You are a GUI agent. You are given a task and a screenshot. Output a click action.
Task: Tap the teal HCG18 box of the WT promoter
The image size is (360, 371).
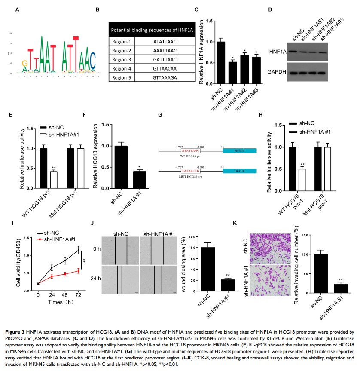pyautogui.click(x=239, y=151)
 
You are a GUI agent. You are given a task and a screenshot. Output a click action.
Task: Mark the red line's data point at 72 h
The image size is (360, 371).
pyautogui.click(x=78, y=270)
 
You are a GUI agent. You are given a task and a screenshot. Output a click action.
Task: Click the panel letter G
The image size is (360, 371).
pyautogui.click(x=160, y=115)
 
